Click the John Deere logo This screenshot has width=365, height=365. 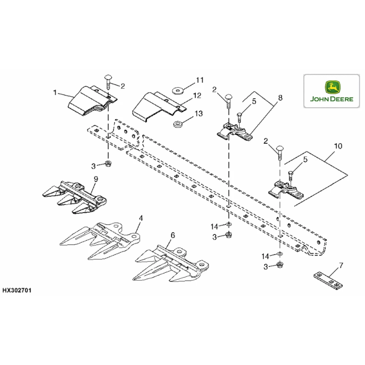coord(331,91)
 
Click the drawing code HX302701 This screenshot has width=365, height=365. coord(17,291)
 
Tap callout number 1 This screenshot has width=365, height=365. coord(55,93)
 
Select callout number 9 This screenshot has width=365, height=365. coord(96,179)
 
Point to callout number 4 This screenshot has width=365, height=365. coord(141,218)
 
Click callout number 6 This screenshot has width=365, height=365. coord(173,236)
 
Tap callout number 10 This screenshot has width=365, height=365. coord(338,146)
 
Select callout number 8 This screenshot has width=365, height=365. coord(280,97)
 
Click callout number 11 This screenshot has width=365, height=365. coord(199,80)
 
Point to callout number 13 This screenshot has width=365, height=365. coord(199,114)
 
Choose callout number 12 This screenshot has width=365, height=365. coord(197,96)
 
